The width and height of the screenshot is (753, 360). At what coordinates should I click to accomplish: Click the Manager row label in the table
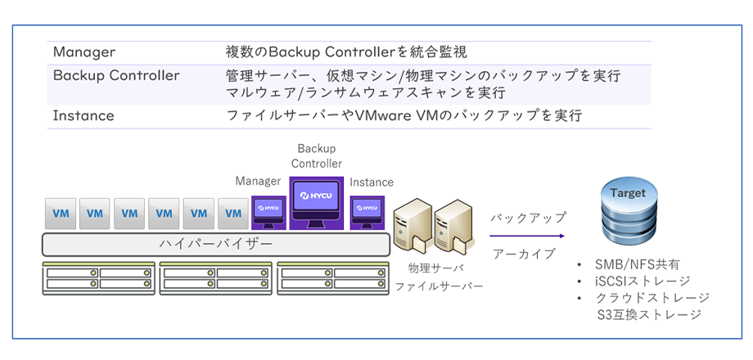coord(84,52)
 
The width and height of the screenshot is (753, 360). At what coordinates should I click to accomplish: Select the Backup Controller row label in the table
coord(116,76)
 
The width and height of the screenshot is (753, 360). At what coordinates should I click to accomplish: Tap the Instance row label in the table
coord(83,116)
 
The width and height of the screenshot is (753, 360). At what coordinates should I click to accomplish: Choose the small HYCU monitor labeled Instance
coord(367,212)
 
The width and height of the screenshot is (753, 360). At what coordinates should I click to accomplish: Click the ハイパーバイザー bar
coord(215,245)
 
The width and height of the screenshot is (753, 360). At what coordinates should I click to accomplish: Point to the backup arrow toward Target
coord(527,236)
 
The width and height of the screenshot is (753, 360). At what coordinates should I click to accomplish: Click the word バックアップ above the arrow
coord(528,218)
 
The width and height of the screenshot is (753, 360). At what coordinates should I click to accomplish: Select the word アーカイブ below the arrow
coord(524,254)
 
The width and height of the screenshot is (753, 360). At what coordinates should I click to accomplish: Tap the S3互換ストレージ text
coord(649,315)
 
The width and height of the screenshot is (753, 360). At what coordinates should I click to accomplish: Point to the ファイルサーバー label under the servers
coord(439,286)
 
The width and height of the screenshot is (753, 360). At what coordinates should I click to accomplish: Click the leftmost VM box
coord(60,213)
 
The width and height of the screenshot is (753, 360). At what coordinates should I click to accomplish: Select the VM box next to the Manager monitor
coord(233,213)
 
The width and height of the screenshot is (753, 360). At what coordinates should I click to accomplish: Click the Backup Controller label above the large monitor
coord(317,155)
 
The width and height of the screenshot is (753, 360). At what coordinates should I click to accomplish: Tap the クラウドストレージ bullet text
coord(652,298)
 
